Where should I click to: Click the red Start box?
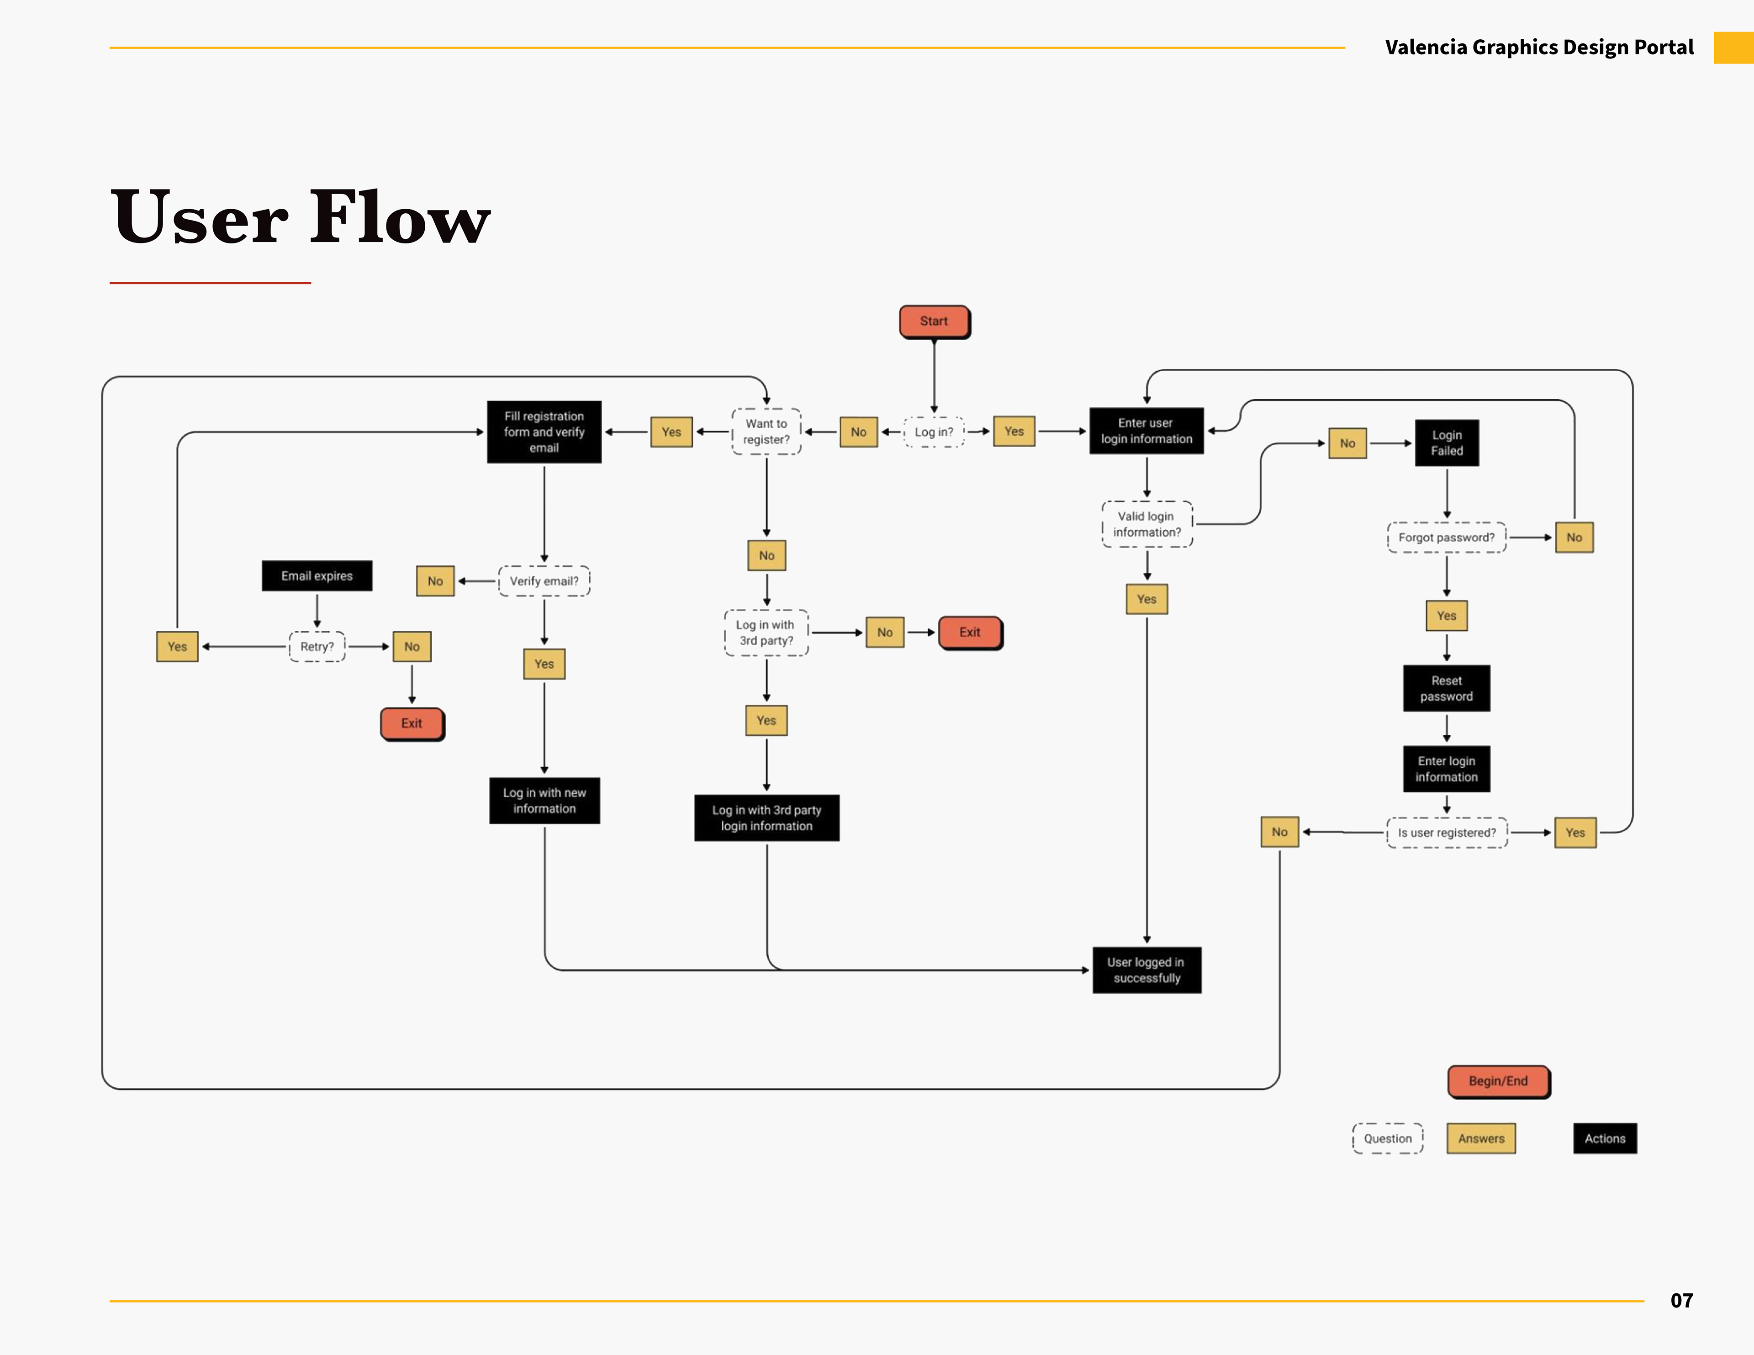(934, 321)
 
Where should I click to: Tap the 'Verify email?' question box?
(544, 581)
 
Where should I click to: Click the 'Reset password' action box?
(1447, 688)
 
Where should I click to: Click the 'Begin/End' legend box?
(1498, 1081)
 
